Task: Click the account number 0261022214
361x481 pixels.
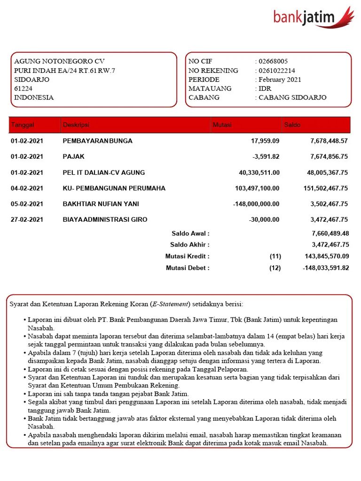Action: [x=277, y=70]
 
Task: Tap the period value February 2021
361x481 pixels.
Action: [x=280, y=80]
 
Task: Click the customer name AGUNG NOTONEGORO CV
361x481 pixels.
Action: [x=59, y=62]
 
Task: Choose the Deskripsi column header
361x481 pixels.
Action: [x=76, y=125]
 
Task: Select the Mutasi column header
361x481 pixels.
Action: [x=222, y=125]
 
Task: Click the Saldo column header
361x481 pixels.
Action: [x=292, y=125]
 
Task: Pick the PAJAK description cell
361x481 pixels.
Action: [x=74, y=156]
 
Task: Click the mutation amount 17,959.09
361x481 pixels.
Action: [x=265, y=141]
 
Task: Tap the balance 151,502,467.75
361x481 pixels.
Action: [x=326, y=188]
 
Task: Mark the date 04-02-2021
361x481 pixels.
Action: [x=27, y=188]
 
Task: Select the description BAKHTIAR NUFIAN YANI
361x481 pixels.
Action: [x=101, y=204]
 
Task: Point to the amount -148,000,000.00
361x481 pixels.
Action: [x=256, y=204]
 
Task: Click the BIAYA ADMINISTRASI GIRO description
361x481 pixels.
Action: [x=105, y=219]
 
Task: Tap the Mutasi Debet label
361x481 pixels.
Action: [x=188, y=268]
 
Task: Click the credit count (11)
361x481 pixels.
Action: [x=275, y=256]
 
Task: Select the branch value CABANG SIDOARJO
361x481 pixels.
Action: [x=292, y=98]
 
